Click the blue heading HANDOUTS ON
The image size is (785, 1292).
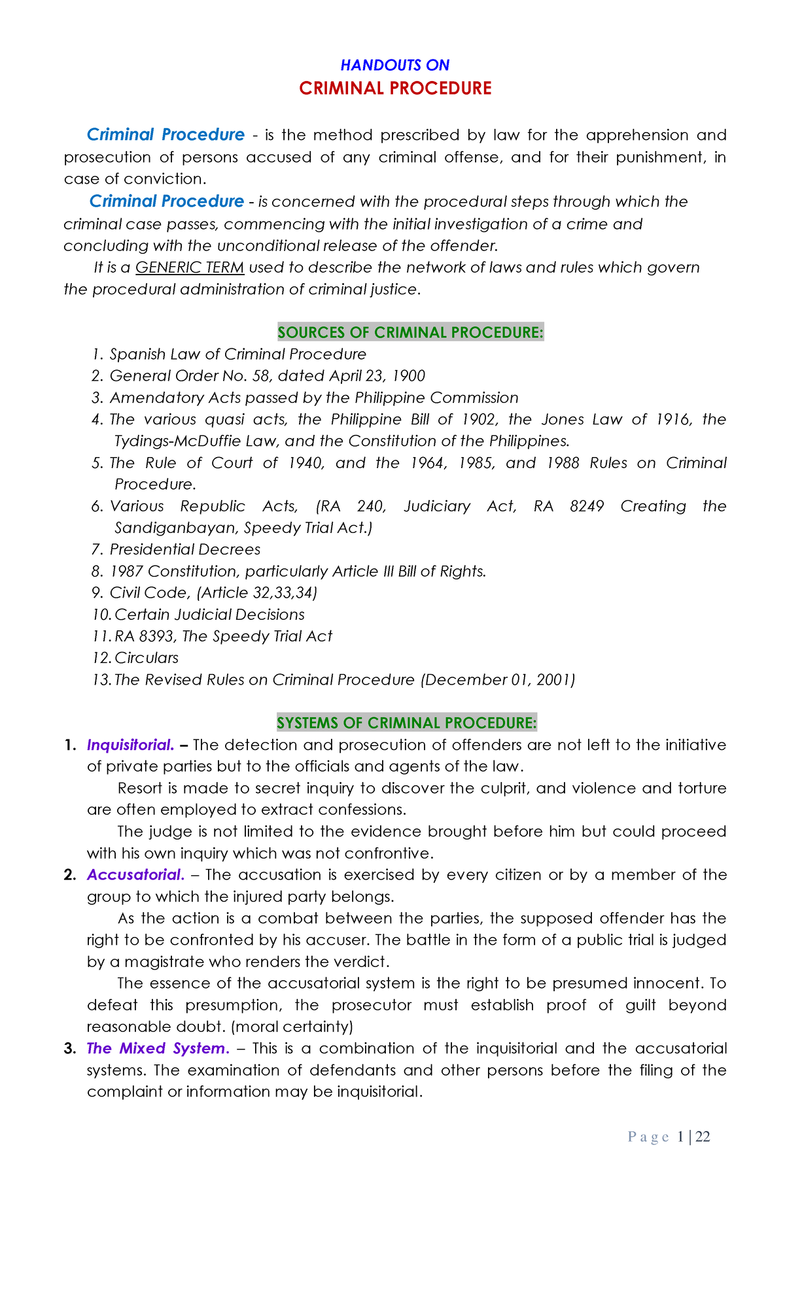click(x=394, y=65)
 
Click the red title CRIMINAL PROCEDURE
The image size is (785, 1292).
click(x=394, y=88)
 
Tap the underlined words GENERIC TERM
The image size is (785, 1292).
click(x=190, y=267)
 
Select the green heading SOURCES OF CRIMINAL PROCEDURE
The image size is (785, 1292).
click(x=410, y=332)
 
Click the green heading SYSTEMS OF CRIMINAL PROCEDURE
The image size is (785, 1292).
click(x=406, y=722)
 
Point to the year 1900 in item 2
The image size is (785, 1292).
click(x=408, y=376)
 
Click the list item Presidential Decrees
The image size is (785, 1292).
click(x=184, y=549)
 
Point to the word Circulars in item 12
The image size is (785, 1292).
click(x=147, y=658)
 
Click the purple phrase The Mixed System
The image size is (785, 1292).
click(x=158, y=1048)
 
